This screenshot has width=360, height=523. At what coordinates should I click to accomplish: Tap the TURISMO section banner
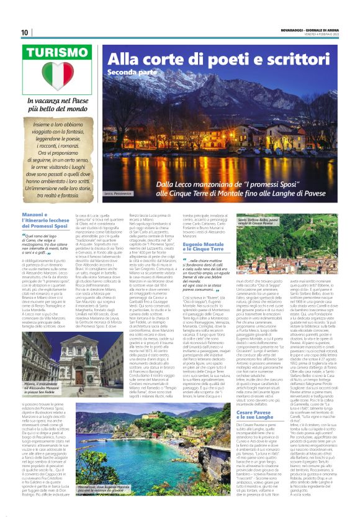(60, 55)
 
